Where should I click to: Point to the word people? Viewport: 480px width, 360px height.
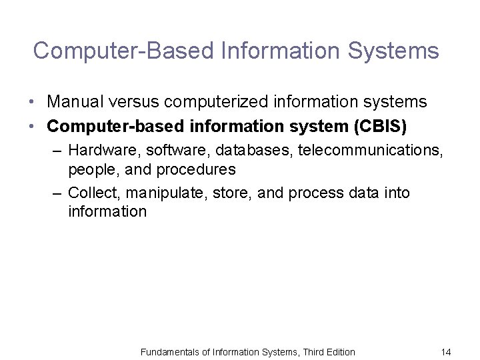pos(89,170)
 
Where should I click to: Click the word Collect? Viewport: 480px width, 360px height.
pos(91,193)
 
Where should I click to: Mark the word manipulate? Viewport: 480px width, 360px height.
pos(157,193)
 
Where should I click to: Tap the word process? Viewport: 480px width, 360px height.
pos(303,193)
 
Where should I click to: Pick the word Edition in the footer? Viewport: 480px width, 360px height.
pos(338,351)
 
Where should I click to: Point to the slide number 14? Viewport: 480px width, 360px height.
pos(446,351)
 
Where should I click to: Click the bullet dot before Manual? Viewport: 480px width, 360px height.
pos(32,103)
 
